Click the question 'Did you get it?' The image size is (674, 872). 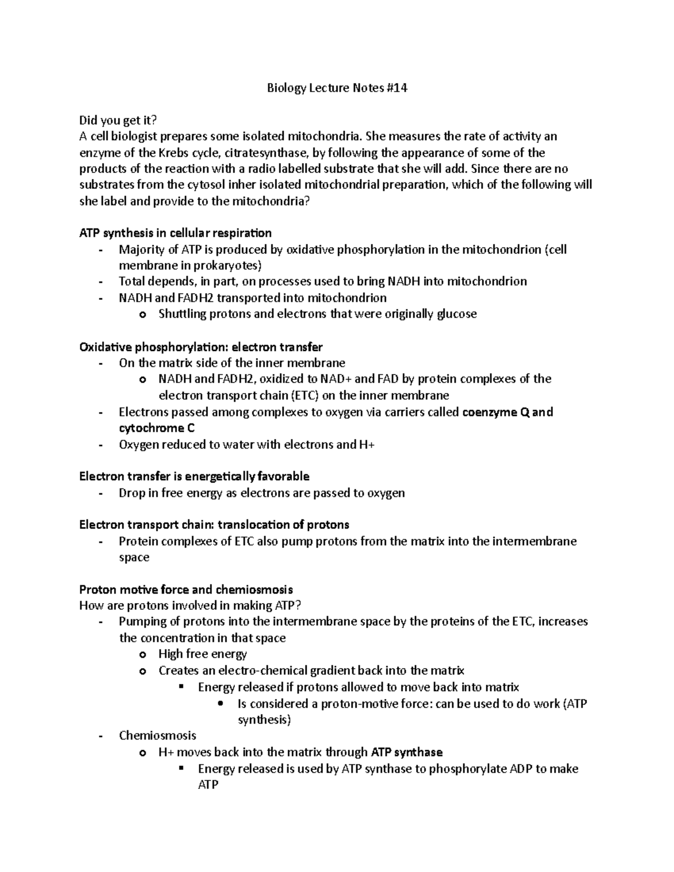point(118,120)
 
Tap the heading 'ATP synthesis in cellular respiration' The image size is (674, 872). point(175,233)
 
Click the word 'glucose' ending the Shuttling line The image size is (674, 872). point(457,314)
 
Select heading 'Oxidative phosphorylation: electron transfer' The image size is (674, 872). point(201,346)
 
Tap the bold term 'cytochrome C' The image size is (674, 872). point(157,428)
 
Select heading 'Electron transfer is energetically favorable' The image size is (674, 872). point(194,477)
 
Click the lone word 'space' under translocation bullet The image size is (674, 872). point(134,558)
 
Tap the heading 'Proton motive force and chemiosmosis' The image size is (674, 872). point(186,590)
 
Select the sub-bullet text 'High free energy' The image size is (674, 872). point(203,654)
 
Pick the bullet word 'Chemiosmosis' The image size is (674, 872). point(157,736)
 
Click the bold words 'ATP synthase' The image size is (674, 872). point(407,752)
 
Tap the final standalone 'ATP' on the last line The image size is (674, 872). point(208,784)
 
